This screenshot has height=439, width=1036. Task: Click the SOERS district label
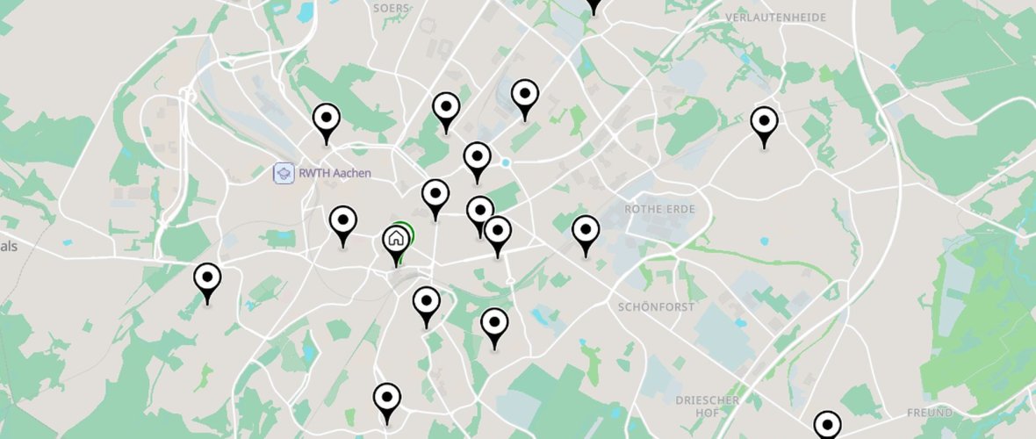coord(392,8)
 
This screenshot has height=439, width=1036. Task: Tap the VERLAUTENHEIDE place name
coord(777,17)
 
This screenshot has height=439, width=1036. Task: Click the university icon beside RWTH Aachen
coord(283,173)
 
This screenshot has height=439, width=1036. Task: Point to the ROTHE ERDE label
coord(659,209)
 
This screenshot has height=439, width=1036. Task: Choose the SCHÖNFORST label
coord(656,307)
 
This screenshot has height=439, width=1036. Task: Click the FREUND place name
coord(930,413)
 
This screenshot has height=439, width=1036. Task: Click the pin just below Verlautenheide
coord(765,124)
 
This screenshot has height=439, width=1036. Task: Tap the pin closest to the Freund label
coord(827,427)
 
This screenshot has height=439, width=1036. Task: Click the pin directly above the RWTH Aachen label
coord(327,120)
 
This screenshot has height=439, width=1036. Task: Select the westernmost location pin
coord(207,280)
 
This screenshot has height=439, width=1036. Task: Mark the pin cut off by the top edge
coord(594,4)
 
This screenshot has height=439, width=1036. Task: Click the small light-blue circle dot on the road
coord(506,163)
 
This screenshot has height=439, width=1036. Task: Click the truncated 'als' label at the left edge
coord(9,247)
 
